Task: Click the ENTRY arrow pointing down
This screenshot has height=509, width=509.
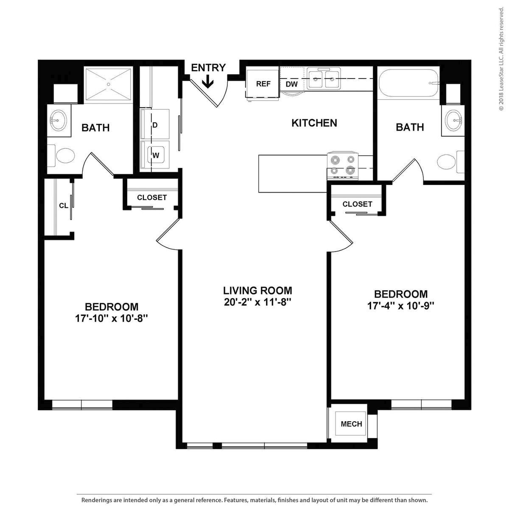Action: click(x=207, y=81)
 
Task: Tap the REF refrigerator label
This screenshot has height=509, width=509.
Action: click(x=263, y=84)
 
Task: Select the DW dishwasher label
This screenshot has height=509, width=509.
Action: click(x=291, y=84)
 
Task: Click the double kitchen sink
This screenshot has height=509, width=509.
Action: click(x=324, y=78)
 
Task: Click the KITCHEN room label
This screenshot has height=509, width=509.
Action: click(x=314, y=123)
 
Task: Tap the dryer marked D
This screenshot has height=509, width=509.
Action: click(x=155, y=125)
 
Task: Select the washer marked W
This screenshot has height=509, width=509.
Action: click(x=156, y=155)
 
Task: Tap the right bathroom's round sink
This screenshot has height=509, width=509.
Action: click(x=453, y=120)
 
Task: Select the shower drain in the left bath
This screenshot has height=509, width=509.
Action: click(x=109, y=84)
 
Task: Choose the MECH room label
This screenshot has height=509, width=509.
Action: click(x=352, y=424)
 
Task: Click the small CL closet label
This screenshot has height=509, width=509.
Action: click(x=64, y=206)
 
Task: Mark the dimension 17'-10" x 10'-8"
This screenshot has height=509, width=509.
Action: click(x=112, y=318)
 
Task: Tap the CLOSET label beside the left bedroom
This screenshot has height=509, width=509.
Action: click(x=152, y=198)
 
